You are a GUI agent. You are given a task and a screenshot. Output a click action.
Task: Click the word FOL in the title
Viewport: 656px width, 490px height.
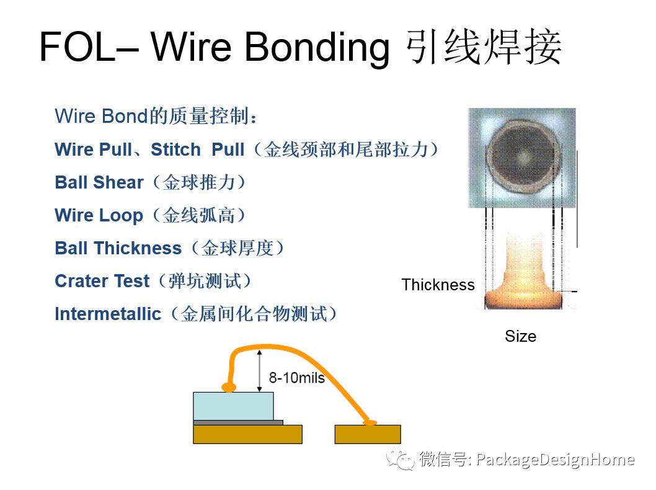click(77, 47)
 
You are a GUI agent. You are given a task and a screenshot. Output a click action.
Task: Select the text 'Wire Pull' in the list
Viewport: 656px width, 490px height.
click(93, 149)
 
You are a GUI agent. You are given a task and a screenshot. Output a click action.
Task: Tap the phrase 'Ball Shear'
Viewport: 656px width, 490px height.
click(99, 182)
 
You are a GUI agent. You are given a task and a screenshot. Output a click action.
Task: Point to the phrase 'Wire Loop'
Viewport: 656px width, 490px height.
click(99, 215)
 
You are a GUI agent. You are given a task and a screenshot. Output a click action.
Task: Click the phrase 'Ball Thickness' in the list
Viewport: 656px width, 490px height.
click(118, 248)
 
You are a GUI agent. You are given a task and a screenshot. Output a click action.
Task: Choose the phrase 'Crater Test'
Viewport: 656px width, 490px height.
click(102, 281)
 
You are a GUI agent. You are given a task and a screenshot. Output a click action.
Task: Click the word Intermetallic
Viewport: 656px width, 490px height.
click(108, 314)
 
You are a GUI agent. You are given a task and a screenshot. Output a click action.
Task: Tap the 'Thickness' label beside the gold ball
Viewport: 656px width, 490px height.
click(438, 285)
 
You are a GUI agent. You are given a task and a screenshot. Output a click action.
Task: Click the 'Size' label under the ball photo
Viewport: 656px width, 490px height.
click(520, 336)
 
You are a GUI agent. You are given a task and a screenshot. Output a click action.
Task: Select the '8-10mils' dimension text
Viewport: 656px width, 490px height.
click(296, 378)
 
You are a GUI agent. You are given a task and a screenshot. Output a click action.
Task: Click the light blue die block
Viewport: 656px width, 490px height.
click(233, 406)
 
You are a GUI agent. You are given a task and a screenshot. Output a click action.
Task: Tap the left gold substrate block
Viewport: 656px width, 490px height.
click(247, 434)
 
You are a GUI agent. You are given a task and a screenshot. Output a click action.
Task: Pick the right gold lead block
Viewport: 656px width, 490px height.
click(367, 434)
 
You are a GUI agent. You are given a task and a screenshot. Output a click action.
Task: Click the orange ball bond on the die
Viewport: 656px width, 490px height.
click(229, 388)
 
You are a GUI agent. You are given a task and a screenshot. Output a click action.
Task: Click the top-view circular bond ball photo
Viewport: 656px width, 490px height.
click(522, 158)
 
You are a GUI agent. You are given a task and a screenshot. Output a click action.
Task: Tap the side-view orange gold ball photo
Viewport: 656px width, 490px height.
click(523, 273)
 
